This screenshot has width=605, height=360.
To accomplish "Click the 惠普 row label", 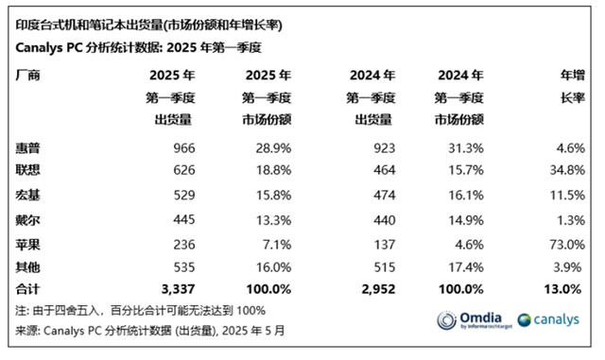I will click(29, 148).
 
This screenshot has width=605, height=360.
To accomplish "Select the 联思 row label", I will click(29, 171).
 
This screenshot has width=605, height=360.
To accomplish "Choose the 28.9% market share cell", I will click(271, 148).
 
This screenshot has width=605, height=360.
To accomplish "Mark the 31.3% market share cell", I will click(466, 148).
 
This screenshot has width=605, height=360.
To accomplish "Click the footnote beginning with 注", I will click(141, 310).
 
